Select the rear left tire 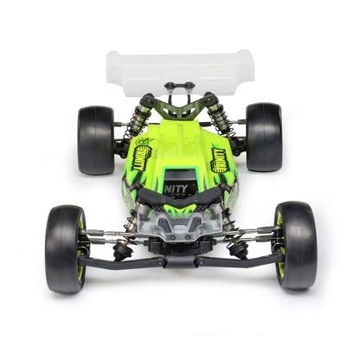point(95,139)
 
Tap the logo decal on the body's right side point(222,159)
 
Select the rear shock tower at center point(179,107)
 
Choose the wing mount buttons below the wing point(179,86)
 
